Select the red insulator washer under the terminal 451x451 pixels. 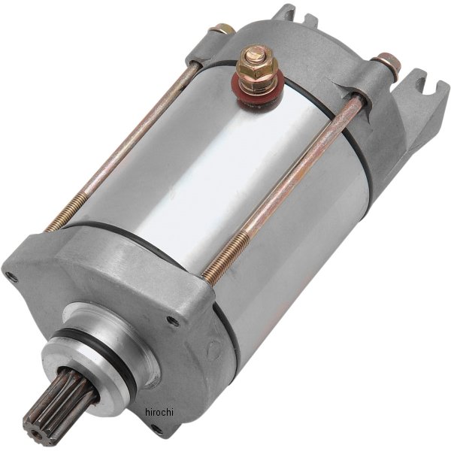click(x=258, y=92)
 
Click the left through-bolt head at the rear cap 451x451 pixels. click(x=222, y=29)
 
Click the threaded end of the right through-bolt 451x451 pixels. click(x=226, y=253)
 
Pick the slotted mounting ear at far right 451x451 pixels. click(x=422, y=95)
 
